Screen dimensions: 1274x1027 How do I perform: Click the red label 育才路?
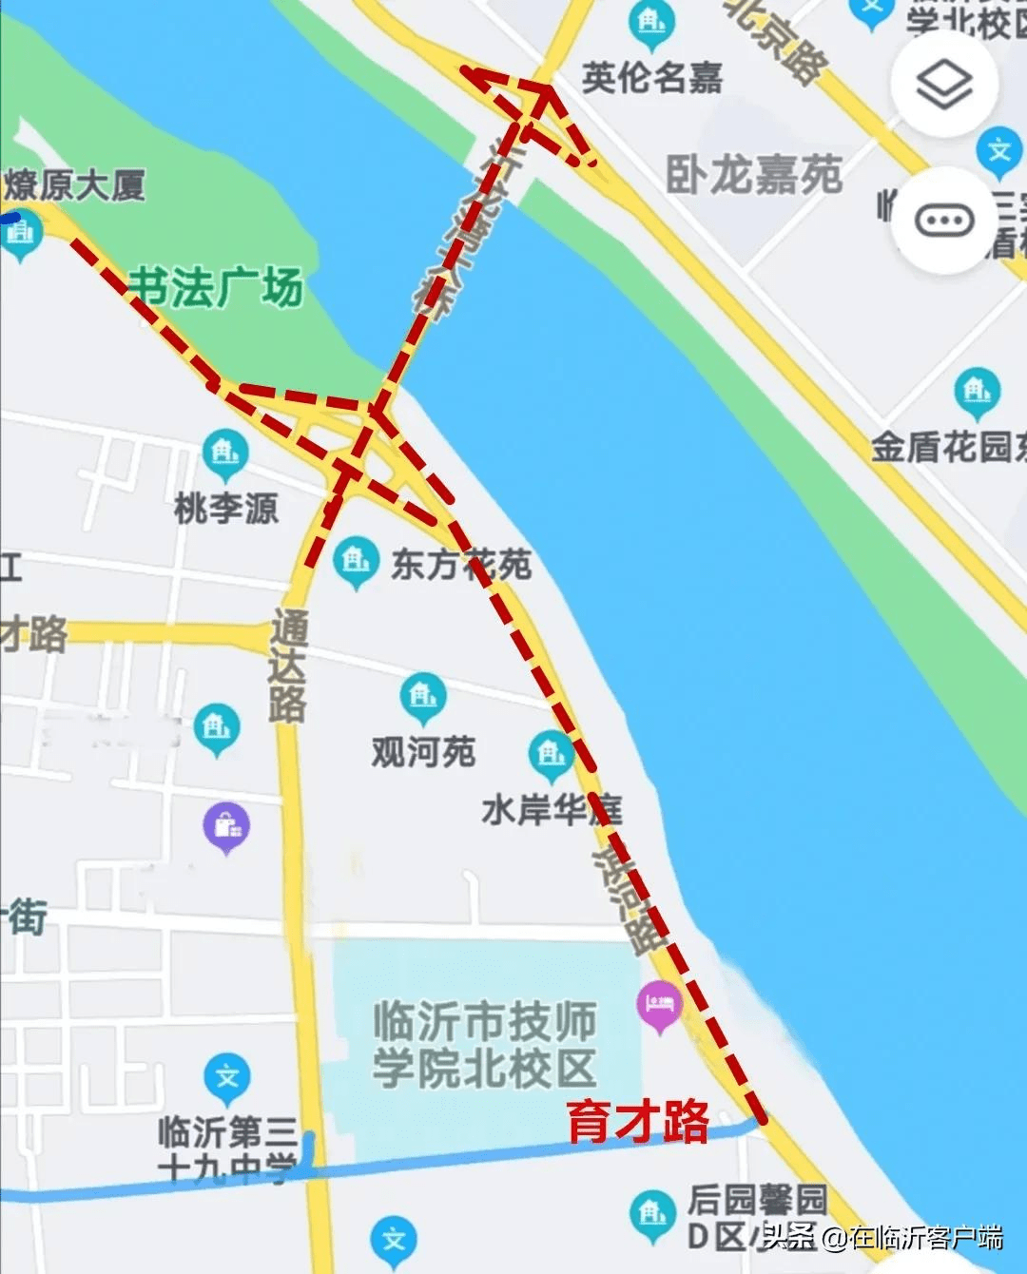(x=638, y=1121)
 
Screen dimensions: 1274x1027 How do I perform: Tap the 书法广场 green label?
(x=216, y=287)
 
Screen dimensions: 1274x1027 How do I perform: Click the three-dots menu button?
(x=943, y=221)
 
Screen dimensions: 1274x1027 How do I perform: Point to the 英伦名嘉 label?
(x=652, y=78)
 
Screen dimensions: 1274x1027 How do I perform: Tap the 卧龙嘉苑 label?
(x=753, y=175)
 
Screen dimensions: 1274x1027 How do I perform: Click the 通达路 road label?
(x=287, y=666)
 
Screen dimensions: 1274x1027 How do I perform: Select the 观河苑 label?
(x=423, y=752)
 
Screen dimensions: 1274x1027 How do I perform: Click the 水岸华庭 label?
(x=552, y=810)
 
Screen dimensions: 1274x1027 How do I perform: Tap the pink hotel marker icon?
(x=660, y=1006)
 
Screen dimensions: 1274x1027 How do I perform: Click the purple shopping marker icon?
(x=226, y=826)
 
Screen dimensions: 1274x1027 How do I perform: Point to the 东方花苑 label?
(x=461, y=565)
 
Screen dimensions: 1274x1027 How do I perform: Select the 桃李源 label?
(x=226, y=508)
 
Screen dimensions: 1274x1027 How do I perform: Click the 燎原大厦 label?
(x=76, y=185)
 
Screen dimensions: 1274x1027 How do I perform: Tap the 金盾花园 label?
(x=947, y=447)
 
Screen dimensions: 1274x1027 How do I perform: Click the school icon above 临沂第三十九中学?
(x=227, y=1078)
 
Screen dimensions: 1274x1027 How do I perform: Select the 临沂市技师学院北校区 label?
(x=484, y=1044)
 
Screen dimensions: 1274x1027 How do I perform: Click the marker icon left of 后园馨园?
(x=652, y=1214)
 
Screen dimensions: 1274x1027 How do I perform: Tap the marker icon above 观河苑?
(x=423, y=697)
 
